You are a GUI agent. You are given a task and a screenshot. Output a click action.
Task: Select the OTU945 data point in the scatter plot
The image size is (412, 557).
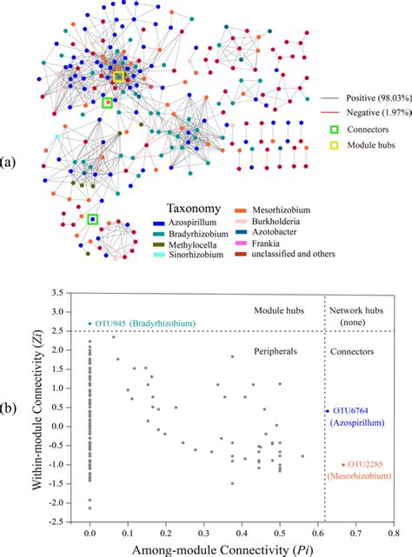(90, 323)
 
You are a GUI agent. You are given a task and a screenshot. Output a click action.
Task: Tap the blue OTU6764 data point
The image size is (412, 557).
(328, 411)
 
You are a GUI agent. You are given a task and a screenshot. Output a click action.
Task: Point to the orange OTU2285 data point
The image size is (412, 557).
(343, 465)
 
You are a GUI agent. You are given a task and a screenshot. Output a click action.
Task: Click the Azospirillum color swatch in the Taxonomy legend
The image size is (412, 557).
(158, 223)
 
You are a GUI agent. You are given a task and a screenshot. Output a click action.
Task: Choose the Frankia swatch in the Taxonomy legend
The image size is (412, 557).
(240, 243)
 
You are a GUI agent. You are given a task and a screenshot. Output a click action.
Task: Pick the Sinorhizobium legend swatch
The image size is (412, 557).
(158, 255)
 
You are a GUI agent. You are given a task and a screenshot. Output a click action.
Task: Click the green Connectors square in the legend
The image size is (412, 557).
(334, 129)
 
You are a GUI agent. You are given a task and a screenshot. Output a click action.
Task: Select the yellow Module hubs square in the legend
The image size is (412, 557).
(334, 145)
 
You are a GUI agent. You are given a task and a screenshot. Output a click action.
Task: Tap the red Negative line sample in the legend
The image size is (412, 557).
(329, 113)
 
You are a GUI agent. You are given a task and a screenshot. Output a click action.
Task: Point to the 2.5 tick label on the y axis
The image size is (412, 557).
(57, 331)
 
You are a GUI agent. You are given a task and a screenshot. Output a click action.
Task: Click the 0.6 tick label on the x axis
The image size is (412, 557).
(318, 533)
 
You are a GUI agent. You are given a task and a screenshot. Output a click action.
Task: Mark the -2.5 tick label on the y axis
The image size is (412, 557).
(56, 522)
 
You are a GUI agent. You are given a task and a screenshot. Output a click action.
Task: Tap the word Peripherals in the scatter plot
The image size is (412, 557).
(276, 351)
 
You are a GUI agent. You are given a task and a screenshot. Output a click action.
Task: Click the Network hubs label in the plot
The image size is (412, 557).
(356, 310)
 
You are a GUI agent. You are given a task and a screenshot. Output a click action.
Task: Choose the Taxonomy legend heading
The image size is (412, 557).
(194, 209)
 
